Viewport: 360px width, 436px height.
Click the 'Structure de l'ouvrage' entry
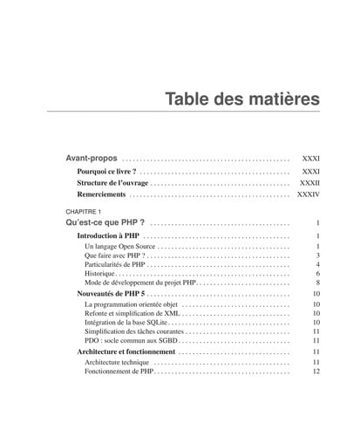112,184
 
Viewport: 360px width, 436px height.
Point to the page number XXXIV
309,195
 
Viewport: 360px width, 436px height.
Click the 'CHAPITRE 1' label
84,212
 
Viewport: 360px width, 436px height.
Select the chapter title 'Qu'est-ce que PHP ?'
105,223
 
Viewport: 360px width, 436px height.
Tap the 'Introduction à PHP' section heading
108,236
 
